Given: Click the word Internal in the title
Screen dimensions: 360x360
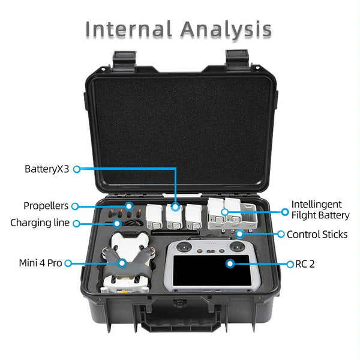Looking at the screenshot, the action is click(x=128, y=29).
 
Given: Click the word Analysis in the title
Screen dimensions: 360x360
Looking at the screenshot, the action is click(x=226, y=30).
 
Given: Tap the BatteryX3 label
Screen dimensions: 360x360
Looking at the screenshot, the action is click(x=47, y=169).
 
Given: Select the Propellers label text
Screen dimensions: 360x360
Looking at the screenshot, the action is click(x=46, y=206).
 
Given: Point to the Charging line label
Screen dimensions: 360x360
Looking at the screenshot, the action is click(x=40, y=223).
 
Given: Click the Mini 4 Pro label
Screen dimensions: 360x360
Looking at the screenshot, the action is click(x=40, y=263).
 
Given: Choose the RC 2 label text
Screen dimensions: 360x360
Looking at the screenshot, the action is click(x=305, y=264).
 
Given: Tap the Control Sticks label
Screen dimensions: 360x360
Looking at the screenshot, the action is click(x=317, y=235).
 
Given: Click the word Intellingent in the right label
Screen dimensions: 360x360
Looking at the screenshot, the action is click(x=316, y=205).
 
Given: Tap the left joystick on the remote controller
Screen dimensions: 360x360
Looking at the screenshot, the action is click(x=184, y=247).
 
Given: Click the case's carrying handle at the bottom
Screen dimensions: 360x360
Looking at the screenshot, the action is click(x=181, y=320).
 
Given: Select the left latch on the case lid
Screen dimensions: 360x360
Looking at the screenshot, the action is click(x=124, y=61).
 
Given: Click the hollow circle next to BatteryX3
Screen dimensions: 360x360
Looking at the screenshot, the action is click(x=77, y=169).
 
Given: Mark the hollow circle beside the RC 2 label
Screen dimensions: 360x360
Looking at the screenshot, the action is click(x=290, y=264).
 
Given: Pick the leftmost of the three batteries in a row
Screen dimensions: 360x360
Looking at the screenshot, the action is click(x=154, y=217).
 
